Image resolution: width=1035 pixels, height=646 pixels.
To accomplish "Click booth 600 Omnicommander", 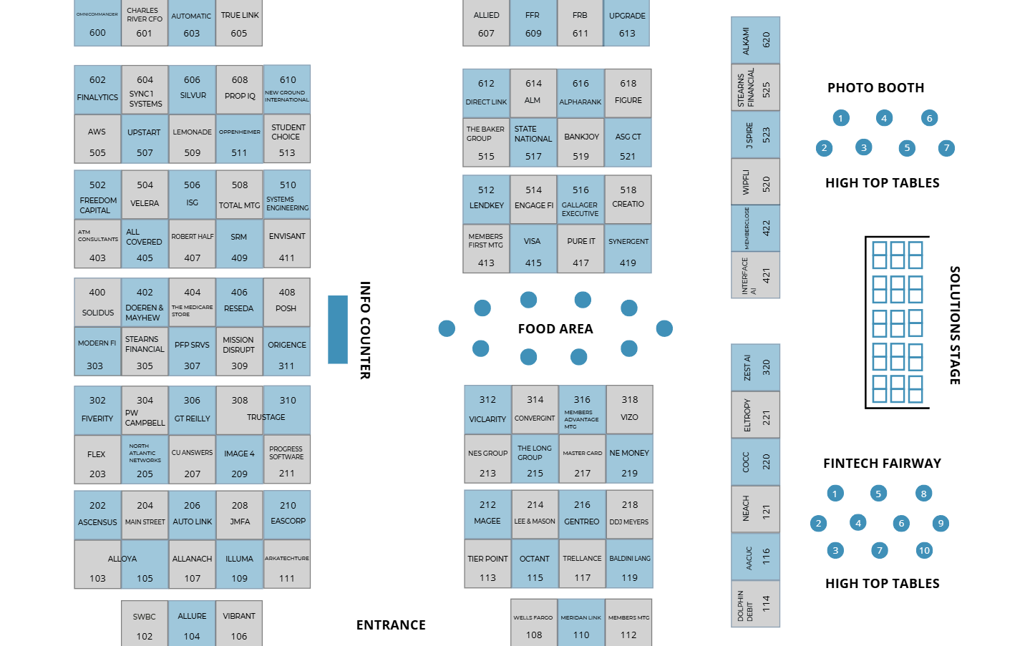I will pyautogui.click(x=97, y=24).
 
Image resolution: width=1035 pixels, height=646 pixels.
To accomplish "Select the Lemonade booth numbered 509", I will pyautogui.click(x=192, y=140).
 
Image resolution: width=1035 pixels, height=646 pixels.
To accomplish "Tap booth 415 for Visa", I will pyautogui.click(x=533, y=250).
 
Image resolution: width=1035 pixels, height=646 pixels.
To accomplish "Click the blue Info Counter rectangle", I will pyautogui.click(x=338, y=329).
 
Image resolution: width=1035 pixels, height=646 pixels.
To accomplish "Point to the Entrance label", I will pyautogui.click(x=391, y=625).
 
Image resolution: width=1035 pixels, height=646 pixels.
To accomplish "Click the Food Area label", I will pyautogui.click(x=555, y=329).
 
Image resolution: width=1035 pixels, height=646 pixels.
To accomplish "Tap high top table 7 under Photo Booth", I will pyautogui.click(x=946, y=148).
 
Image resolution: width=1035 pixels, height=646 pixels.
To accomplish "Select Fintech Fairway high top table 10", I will pyautogui.click(x=924, y=551).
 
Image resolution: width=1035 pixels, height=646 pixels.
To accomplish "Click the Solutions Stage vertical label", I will pyautogui.click(x=955, y=326).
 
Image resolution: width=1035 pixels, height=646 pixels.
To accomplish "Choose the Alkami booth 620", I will pyautogui.click(x=755, y=41).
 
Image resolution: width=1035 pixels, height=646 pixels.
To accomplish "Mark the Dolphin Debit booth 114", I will pyautogui.click(x=755, y=605).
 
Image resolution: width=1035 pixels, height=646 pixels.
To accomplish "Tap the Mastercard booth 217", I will pyautogui.click(x=583, y=460).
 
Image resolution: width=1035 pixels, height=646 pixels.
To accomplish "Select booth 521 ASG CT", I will pyautogui.click(x=628, y=143).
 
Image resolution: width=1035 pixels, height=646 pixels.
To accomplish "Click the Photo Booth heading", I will pyautogui.click(x=875, y=88).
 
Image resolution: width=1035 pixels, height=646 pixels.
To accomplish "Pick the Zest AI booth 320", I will pyautogui.click(x=755, y=368).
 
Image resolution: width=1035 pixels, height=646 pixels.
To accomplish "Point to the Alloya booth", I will pyautogui.click(x=122, y=565).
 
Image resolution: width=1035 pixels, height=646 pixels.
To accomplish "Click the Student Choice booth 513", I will pyautogui.click(x=287, y=140).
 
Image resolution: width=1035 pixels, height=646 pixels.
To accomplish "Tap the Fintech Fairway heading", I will pyautogui.click(x=882, y=464).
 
